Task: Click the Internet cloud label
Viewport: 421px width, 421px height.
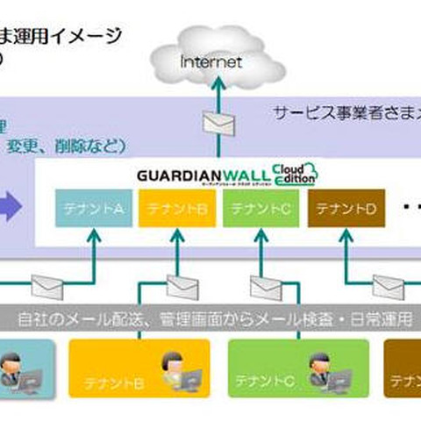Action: click(210, 62)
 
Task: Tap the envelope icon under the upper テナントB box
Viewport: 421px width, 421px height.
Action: click(179, 282)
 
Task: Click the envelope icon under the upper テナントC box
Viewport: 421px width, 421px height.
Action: click(264, 286)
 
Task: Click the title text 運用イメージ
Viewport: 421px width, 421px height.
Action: click(70, 36)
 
